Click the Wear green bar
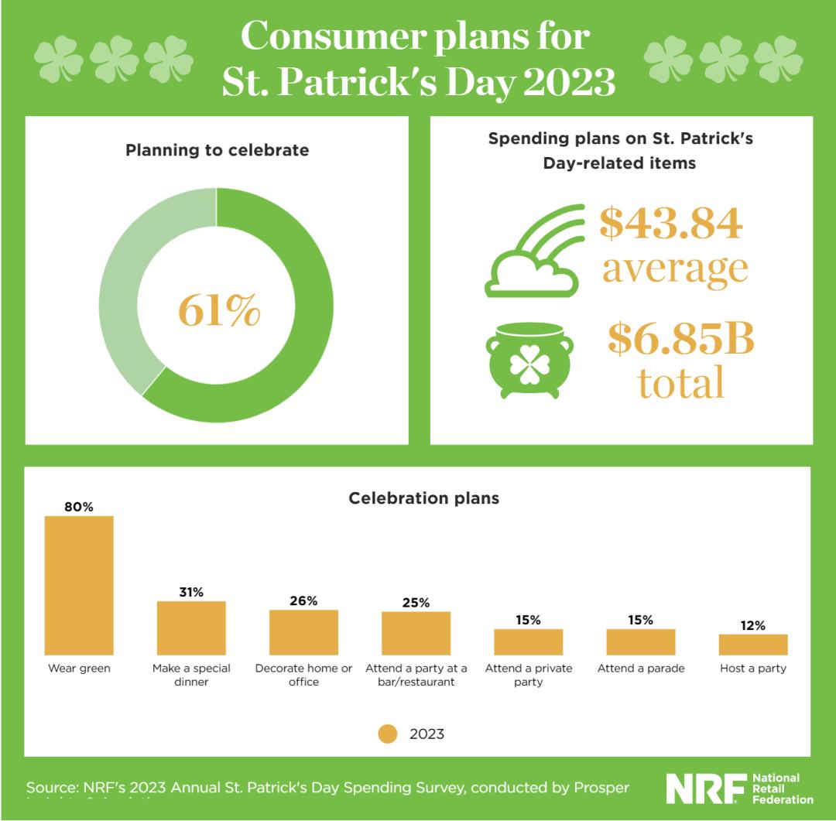click(x=79, y=585)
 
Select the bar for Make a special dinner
click(x=191, y=628)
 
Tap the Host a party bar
click(x=752, y=645)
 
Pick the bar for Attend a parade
click(x=641, y=641)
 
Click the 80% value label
click(x=79, y=507)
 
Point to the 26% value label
click(x=303, y=601)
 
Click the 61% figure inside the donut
click(x=219, y=310)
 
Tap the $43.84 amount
click(x=671, y=223)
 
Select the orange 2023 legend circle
click(x=388, y=734)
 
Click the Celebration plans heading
click(x=423, y=498)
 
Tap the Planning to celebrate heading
click(x=217, y=150)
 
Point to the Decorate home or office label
click(x=303, y=675)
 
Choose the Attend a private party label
click(x=528, y=675)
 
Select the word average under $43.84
click(x=675, y=267)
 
